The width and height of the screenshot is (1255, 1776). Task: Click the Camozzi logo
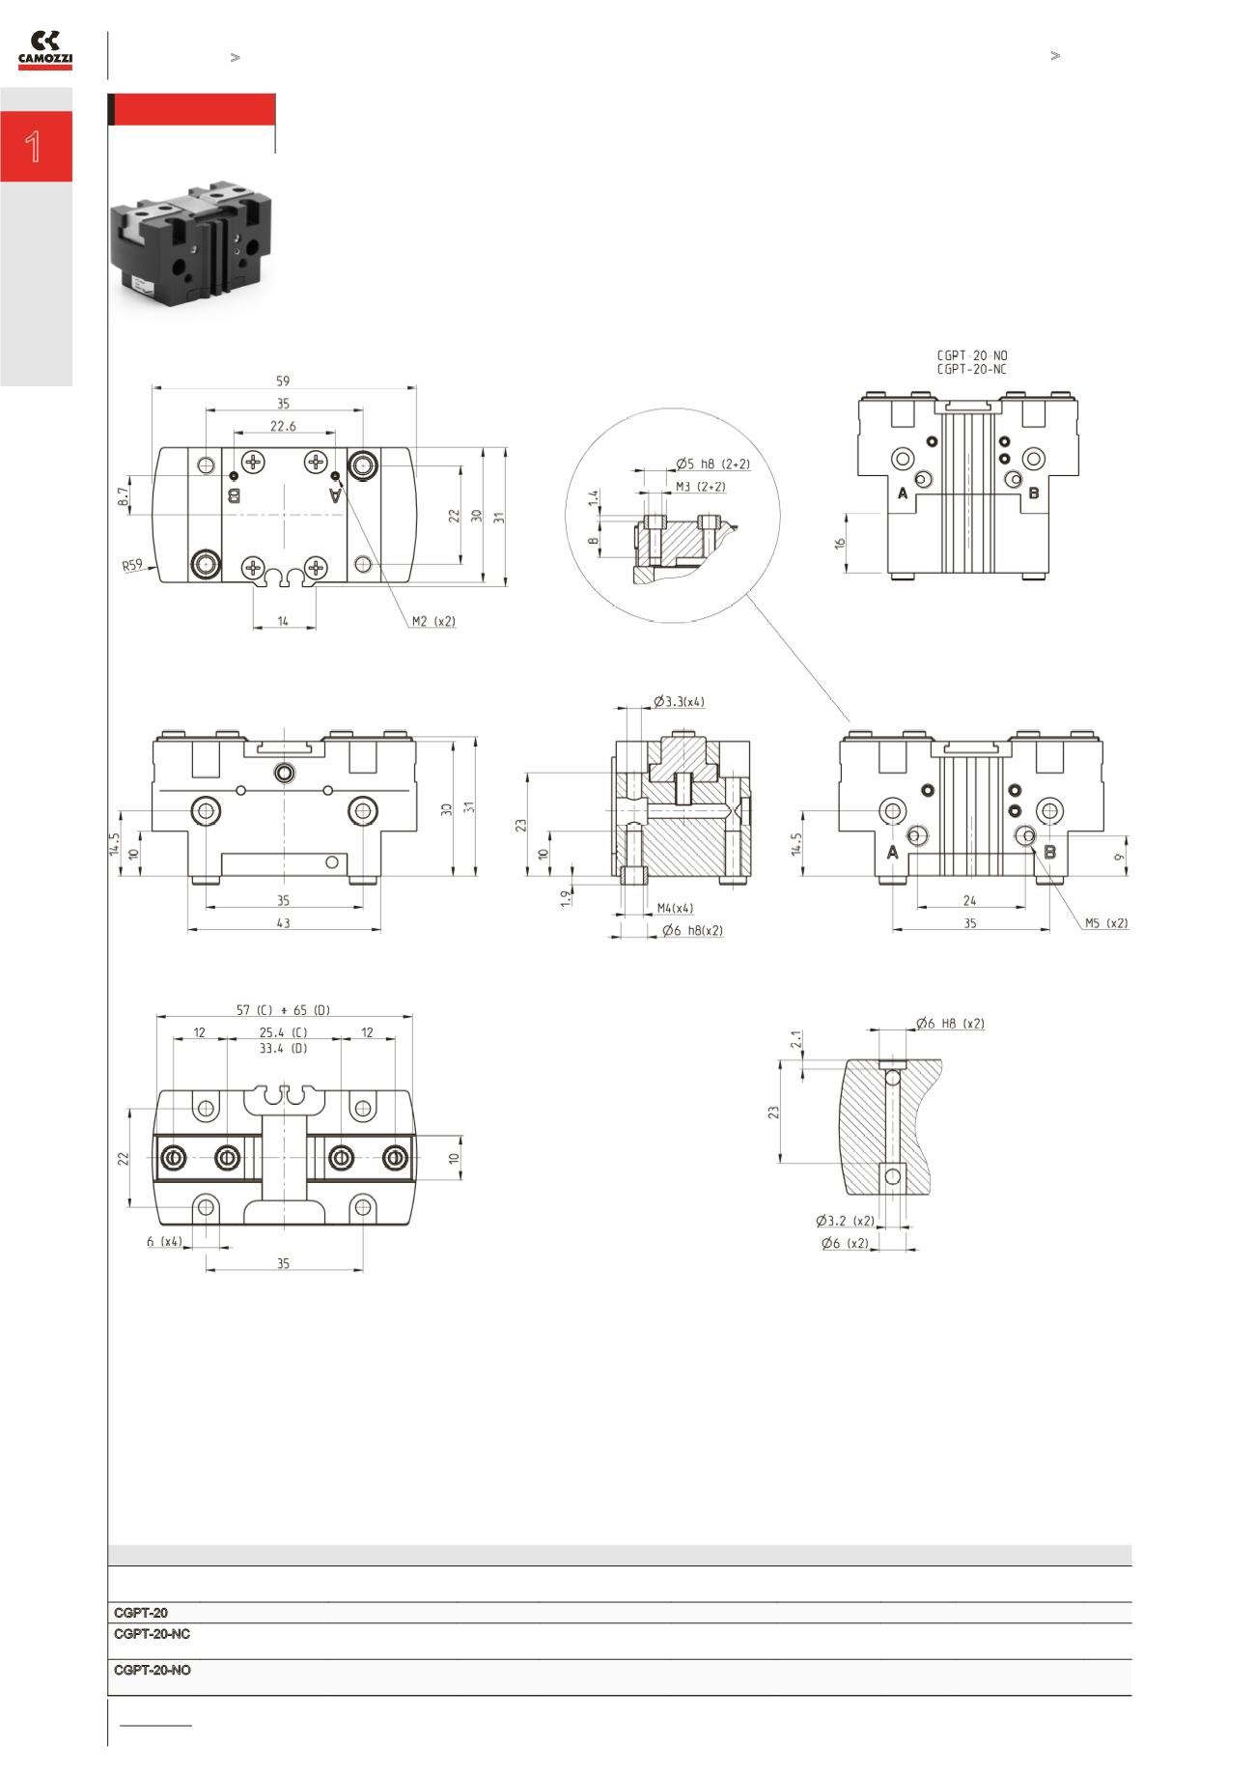[45, 50]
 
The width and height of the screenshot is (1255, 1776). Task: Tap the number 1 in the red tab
[35, 147]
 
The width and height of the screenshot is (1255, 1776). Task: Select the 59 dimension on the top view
[283, 381]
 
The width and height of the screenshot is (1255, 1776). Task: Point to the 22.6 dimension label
[283, 426]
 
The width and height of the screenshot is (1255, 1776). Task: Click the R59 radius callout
[132, 565]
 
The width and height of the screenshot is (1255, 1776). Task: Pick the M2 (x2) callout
[433, 621]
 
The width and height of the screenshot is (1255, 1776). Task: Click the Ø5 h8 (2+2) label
[712, 464]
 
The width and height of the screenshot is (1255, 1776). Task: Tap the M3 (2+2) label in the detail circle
[700, 487]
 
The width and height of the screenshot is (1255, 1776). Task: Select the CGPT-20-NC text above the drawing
[971, 369]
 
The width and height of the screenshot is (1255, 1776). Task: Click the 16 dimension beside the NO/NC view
[840, 545]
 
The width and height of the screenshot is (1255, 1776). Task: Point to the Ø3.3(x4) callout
[679, 701]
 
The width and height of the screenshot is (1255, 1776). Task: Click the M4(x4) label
[675, 908]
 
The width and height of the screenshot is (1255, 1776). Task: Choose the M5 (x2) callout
[1105, 922]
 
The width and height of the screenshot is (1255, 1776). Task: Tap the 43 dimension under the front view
[283, 923]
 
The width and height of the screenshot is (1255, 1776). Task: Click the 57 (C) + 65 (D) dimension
[283, 1010]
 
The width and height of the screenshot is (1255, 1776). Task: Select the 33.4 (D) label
[283, 1048]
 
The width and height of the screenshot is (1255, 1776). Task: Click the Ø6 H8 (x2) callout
[950, 1023]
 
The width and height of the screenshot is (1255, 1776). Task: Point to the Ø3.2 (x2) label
[845, 1221]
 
